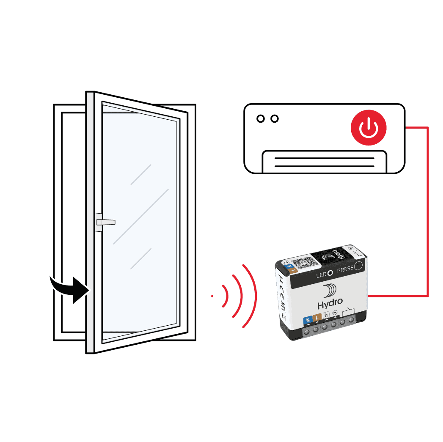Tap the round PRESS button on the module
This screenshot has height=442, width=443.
(358, 266)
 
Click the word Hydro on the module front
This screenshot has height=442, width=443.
(330, 305)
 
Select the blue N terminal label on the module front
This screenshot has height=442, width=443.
(307, 320)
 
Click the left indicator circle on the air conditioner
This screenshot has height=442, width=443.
(261, 119)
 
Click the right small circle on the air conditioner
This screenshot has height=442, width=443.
(275, 119)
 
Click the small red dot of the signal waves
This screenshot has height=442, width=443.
(212, 296)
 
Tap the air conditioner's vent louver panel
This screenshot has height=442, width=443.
(324, 162)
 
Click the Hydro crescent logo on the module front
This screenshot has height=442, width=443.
(330, 291)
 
